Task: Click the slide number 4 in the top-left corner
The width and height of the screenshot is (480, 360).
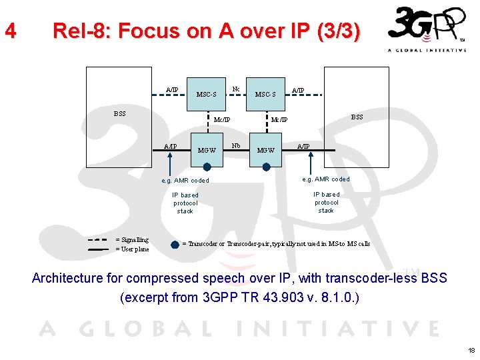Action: click(9, 31)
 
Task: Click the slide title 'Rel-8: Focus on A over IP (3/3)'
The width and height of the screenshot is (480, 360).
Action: click(206, 31)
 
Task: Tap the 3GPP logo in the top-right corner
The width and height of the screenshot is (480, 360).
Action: click(427, 29)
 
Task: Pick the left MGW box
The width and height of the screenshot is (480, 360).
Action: click(207, 150)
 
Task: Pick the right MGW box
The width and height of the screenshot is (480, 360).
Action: click(265, 150)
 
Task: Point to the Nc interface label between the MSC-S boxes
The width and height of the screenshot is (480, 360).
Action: click(235, 89)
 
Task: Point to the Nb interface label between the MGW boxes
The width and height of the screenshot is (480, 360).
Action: click(235, 145)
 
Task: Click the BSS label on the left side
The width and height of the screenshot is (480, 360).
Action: click(119, 113)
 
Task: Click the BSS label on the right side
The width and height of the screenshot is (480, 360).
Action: click(357, 117)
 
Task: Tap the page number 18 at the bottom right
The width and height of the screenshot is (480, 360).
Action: click(471, 350)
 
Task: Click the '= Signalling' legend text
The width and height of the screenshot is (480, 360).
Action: click(132, 240)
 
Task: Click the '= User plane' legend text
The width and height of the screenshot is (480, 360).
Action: click(132, 249)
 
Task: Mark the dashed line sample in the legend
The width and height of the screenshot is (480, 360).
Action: click(98, 240)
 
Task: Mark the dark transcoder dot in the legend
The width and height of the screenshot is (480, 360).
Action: click(175, 244)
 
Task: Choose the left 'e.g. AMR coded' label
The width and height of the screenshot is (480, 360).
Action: click(185, 181)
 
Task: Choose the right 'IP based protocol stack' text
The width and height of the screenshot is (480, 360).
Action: click(326, 203)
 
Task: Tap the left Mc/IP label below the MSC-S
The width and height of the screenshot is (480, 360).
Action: click(222, 120)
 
